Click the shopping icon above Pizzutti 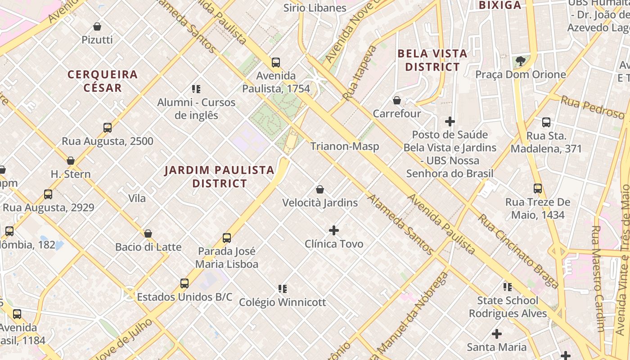pos(97,27)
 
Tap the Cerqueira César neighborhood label pos(103,81)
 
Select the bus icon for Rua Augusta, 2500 pos(108,128)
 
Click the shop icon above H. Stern pos(71,161)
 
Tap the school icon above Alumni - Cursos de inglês pos(196,89)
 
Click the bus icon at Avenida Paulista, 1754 pos(276,63)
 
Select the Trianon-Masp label pos(345,146)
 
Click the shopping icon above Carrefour pos(397,100)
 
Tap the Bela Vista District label pos(432,60)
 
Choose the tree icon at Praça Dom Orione pos(521,61)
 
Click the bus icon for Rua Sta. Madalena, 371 pos(546,122)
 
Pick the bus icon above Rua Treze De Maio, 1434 pos(538,189)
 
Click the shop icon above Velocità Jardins pos(320,189)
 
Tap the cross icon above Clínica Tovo pos(334,230)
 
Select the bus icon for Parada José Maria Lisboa pos(227,238)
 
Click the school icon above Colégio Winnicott pos(283,289)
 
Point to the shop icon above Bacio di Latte pos(148,234)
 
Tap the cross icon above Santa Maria pos(497,334)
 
